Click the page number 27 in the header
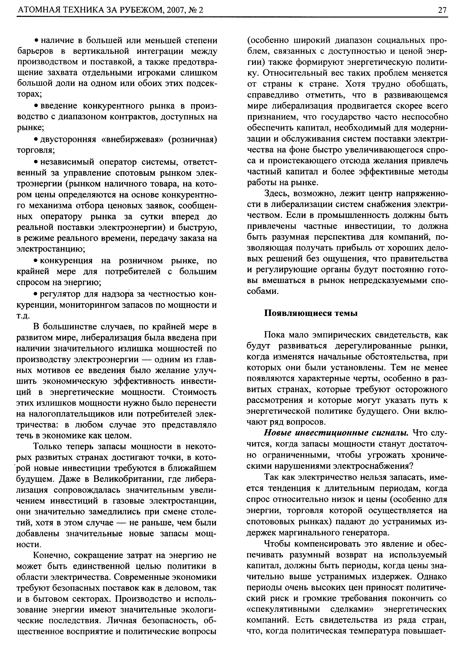(x=442, y=10)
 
